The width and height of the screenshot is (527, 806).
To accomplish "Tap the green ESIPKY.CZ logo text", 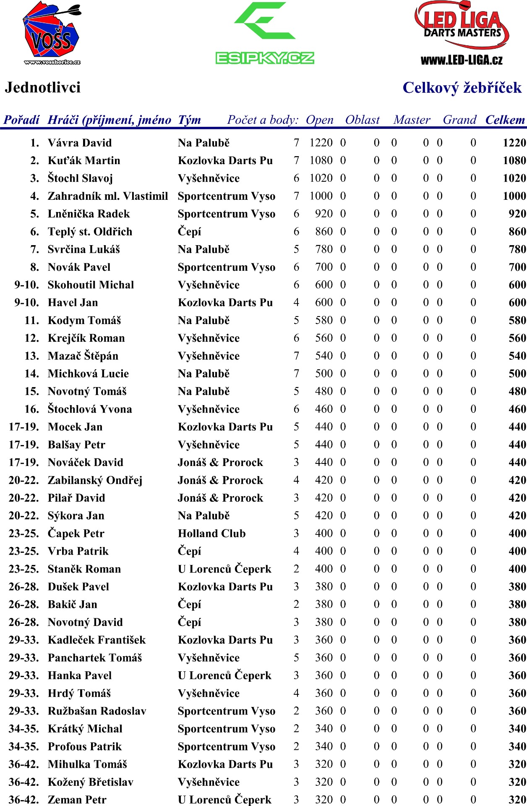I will pos(265,58).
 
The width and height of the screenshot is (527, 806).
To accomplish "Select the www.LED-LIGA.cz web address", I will pos(462,60).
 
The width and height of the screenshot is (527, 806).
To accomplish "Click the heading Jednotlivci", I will pos(43,87).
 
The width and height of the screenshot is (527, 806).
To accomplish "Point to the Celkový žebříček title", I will pos(462,88).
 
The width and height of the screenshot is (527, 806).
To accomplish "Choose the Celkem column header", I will pos(505,120).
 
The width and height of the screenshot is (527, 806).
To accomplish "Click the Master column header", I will pos(412,120).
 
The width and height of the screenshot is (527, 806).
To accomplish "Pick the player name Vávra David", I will pos(80,143).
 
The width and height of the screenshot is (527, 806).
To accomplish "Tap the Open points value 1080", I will pos(321,160).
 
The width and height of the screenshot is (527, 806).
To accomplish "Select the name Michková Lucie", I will pos(88,374).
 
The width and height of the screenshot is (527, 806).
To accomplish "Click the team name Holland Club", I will pos(211,534).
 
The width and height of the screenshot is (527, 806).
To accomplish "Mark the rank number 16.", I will pos(32,409).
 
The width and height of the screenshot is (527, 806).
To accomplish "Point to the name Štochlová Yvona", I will pos(90,409).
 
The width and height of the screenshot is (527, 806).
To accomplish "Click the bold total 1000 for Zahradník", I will pos(514,196).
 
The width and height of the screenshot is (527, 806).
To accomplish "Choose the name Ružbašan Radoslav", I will pos(97,711).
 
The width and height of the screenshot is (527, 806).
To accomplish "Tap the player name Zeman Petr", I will pos(77,800).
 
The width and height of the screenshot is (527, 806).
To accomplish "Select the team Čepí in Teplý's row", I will pos(189,232).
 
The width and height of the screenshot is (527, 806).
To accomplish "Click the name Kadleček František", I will pos(97,640).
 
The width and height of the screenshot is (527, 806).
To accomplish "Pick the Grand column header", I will pos(459,120).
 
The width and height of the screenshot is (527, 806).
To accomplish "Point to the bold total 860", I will pos(517,232).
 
